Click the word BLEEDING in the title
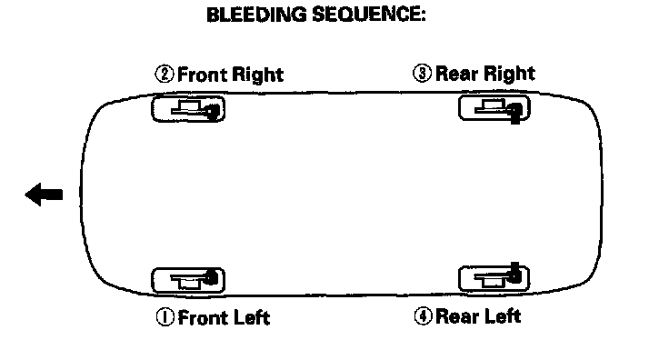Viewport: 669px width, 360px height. coord(256,15)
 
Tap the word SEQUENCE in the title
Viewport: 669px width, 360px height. coord(369,15)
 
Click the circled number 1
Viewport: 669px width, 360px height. coord(165,317)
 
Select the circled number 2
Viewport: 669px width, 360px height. coord(165,74)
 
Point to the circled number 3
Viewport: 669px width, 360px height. coord(422,73)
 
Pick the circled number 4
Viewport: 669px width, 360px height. coord(423,316)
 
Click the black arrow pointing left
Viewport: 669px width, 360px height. coord(44,195)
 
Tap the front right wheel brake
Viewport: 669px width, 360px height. coord(188,109)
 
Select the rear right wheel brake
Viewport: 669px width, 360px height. coord(494,108)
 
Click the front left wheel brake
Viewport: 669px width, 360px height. coord(188,280)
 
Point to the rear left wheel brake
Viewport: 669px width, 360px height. coord(494,277)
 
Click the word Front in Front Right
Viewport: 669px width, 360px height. coord(202,75)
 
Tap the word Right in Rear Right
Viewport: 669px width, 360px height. coord(510,74)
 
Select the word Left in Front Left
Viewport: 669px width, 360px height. coord(250,318)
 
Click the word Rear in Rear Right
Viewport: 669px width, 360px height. coord(458,74)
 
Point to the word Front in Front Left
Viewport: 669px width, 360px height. coord(202,318)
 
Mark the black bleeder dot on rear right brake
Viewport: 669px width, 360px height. coord(515,111)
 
